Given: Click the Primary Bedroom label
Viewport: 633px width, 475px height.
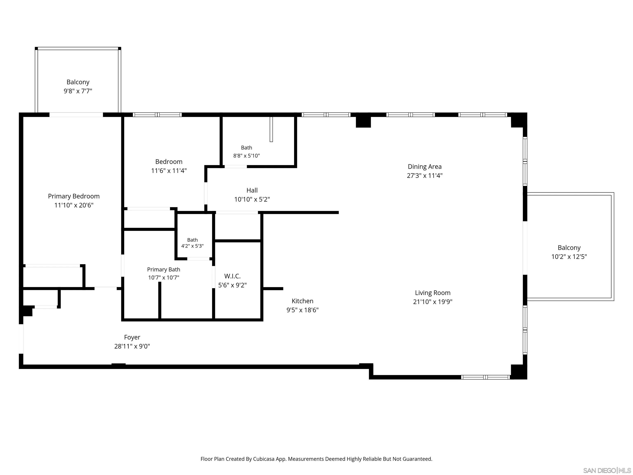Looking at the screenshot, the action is tap(74, 196).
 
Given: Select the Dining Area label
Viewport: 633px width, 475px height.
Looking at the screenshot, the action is tap(425, 167).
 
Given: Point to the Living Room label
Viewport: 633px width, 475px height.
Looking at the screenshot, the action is tap(433, 293).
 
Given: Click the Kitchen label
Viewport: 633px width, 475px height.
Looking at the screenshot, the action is tap(302, 301).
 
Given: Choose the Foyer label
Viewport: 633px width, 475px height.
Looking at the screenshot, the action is tap(132, 337).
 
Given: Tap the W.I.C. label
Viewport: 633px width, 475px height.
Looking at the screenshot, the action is tap(232, 276).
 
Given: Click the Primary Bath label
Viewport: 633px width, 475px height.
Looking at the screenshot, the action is tap(164, 269).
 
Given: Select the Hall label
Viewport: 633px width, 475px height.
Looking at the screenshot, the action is tap(252, 190).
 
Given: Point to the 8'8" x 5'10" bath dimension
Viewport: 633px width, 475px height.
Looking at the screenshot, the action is tap(246, 156).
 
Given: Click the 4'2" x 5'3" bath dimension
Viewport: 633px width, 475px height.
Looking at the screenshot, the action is tap(192, 246).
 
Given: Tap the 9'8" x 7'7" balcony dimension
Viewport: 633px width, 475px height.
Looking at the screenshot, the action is tap(78, 91).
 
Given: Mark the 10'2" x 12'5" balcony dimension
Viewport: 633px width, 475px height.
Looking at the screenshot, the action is tap(569, 256).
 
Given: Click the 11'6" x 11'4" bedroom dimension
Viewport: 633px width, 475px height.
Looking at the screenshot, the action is tap(169, 171).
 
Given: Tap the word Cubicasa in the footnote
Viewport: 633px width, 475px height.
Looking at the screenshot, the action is tap(264, 459).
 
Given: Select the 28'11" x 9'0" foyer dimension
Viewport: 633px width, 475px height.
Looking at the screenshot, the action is tap(132, 346).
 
